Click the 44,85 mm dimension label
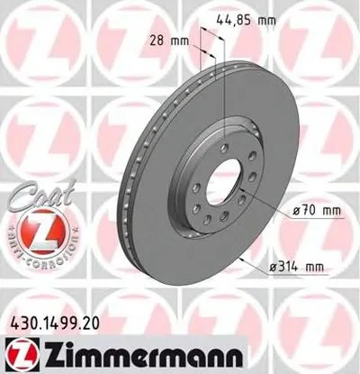point(249,18)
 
